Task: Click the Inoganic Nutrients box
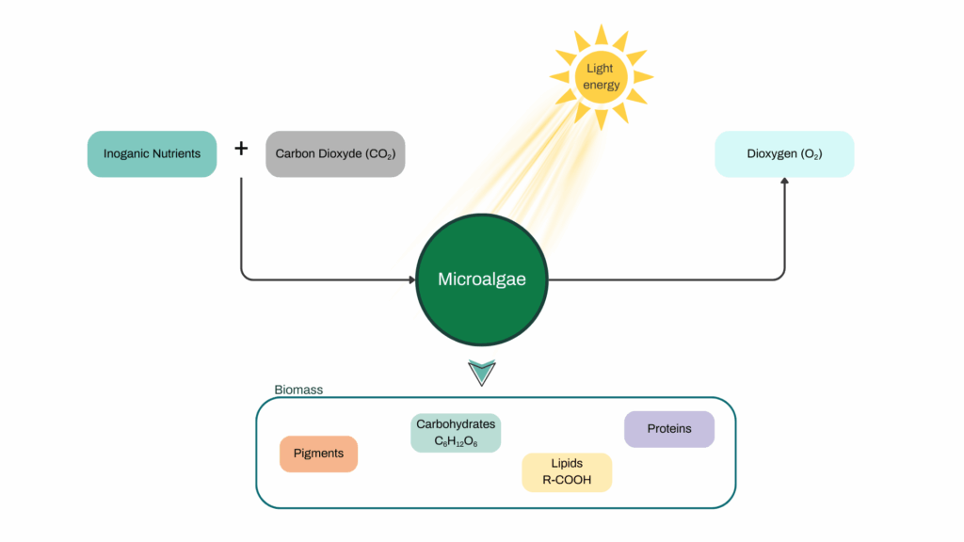(152, 153)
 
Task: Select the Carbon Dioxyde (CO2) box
(335, 153)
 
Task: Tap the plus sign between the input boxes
(241, 149)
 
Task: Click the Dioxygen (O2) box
(784, 153)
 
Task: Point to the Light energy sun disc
(601, 76)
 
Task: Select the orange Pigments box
(318, 454)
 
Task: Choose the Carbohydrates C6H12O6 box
(456, 433)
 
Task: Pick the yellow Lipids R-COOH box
(567, 471)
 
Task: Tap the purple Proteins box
(668, 429)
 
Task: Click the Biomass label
(298, 390)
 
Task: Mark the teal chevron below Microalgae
(481, 373)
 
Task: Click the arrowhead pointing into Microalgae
(411, 279)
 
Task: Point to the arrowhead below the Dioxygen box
(784, 183)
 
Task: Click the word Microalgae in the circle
(481, 279)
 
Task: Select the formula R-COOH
(567, 480)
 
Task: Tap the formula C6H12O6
(456, 441)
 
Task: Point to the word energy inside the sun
(601, 85)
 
